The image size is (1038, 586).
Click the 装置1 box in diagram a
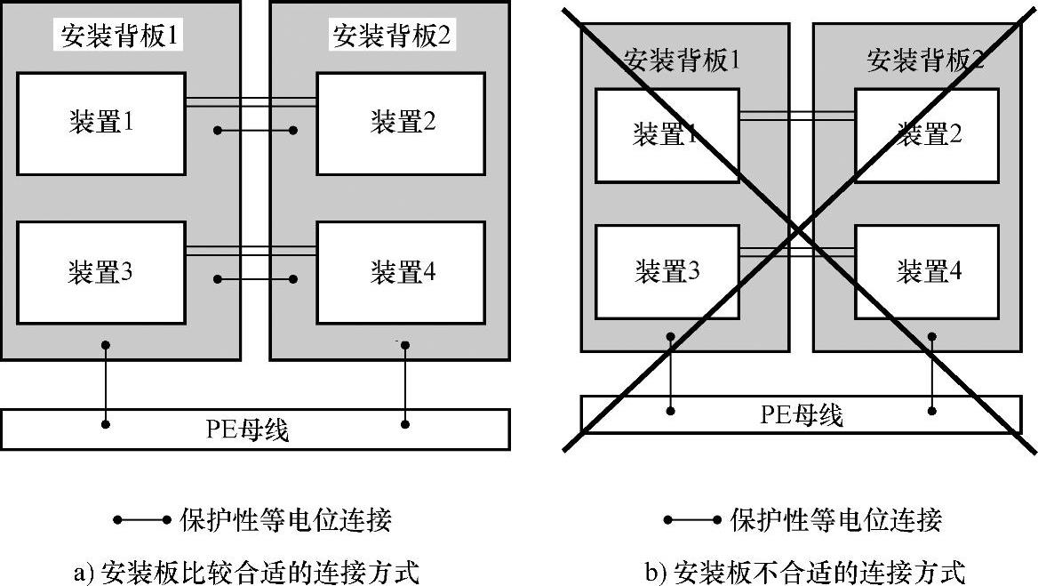pos(101,124)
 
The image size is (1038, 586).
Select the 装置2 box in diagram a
pos(401,124)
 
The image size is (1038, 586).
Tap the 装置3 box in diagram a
pos(101,272)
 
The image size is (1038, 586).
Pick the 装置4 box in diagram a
pos(401,272)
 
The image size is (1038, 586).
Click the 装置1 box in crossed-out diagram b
pos(667,136)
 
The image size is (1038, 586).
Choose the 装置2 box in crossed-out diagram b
pos(927,136)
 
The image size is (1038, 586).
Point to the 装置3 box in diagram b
pos(667,271)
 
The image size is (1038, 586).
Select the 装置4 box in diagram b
pos(927,271)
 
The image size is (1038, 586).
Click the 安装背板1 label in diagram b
pos(681,60)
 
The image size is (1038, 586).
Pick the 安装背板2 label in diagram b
pos(924,60)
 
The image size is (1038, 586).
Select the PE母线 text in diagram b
pos(801,414)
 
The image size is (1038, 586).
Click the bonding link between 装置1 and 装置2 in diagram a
pos(255,132)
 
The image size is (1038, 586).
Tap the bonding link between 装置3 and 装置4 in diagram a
pos(255,279)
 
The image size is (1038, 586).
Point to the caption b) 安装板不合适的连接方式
pos(805,570)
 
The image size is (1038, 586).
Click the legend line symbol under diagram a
pos(142,519)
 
